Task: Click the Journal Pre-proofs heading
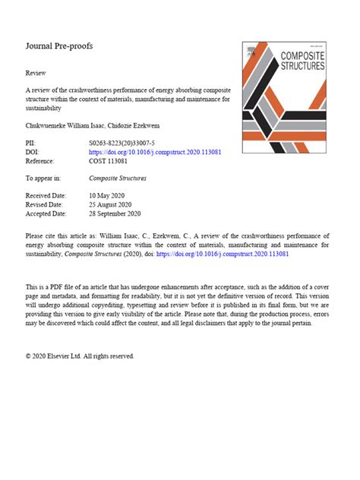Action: (58, 46)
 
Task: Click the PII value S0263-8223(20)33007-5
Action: (121, 144)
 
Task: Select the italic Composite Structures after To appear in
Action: (118, 178)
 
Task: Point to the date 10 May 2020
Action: (108, 196)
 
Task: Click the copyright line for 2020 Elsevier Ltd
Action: (80, 355)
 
